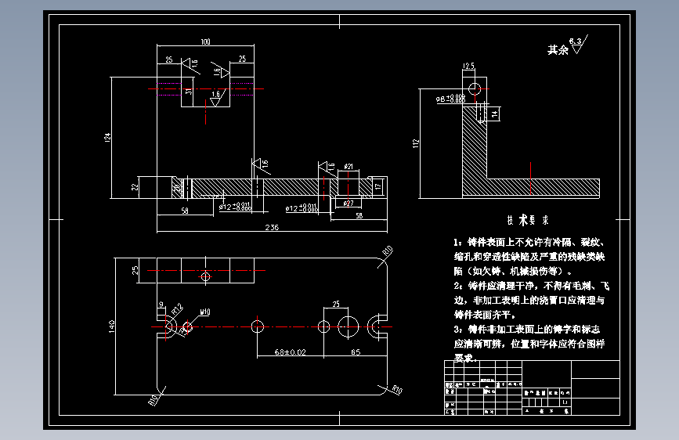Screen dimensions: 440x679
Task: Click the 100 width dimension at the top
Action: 205,41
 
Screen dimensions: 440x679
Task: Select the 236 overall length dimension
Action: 272,227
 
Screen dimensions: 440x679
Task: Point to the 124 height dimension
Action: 107,138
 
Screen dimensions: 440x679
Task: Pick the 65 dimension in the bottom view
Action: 355,352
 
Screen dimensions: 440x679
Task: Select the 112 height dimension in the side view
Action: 418,142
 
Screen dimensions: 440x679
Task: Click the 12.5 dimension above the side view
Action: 469,66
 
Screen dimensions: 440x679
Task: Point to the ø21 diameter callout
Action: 349,166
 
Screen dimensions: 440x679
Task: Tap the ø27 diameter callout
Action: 349,203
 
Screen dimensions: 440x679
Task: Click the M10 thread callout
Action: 204,312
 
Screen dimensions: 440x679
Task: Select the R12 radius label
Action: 176,308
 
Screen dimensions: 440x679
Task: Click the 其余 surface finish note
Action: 557,49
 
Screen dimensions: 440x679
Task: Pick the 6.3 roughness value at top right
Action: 576,39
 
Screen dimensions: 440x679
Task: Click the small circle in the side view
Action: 472,85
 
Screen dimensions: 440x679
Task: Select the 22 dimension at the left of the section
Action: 134,187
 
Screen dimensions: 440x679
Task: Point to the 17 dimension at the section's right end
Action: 377,186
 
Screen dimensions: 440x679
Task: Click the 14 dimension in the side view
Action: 494,114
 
